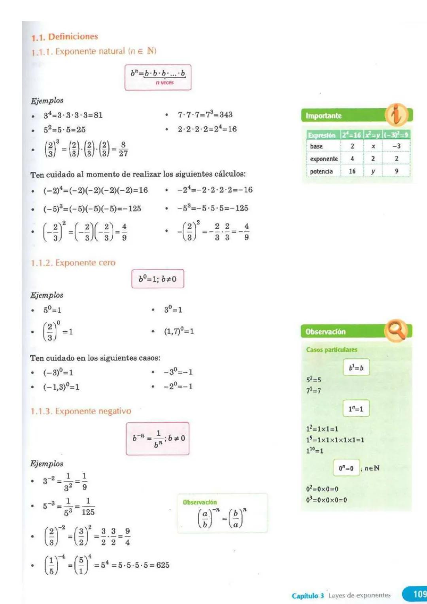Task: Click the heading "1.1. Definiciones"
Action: tap(64, 37)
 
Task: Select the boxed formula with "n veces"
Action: tap(158, 77)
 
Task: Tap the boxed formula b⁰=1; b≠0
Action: tap(157, 279)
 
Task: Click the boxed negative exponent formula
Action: tap(157, 438)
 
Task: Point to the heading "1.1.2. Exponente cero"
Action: tap(73, 263)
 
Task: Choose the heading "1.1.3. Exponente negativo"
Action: tap(81, 411)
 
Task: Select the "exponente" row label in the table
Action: tap(324, 159)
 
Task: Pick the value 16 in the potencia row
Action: tap(352, 171)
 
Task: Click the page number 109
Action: tap(419, 594)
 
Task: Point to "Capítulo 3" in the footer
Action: tap(308, 595)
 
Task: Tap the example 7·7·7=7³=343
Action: tap(205, 115)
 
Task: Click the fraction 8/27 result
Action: tap(123, 149)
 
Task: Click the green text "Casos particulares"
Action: tap(331, 350)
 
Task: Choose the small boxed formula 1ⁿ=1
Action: tap(356, 409)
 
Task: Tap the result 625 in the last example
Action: tap(162, 565)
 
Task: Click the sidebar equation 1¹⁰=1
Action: tap(315, 451)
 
